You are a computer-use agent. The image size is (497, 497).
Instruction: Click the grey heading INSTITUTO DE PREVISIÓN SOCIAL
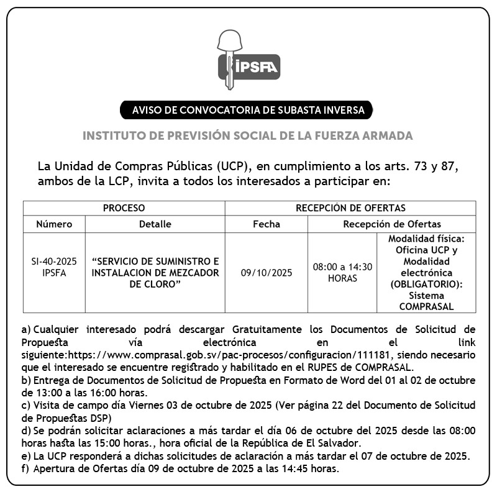(248, 135)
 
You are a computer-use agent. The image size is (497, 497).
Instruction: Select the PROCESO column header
(124, 208)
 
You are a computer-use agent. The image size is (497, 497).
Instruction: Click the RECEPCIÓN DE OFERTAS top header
(350, 208)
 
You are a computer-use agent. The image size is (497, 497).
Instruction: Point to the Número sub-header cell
(54, 224)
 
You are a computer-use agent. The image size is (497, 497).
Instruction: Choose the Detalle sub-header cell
(155, 224)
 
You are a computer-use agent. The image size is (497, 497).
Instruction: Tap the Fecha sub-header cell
(266, 224)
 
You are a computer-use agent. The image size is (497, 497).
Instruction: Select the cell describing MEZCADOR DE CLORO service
(155, 272)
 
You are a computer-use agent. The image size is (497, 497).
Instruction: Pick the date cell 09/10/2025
(266, 272)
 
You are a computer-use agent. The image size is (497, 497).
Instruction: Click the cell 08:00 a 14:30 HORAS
(342, 272)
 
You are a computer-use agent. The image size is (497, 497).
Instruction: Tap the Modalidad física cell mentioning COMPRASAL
(426, 272)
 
